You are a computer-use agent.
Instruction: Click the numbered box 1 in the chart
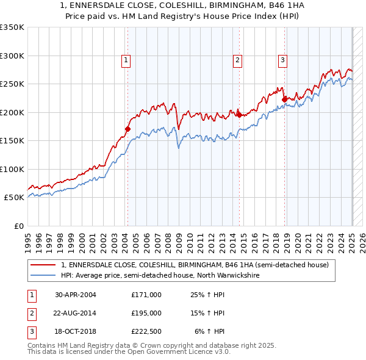pos(125,60)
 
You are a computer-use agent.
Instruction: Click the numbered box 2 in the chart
pos(237,60)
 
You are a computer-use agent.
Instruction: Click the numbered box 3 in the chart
pos(283,60)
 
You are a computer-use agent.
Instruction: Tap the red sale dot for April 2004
pos(127,129)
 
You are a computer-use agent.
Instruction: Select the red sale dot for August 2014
pos(239,115)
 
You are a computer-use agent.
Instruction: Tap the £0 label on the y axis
pos(18,226)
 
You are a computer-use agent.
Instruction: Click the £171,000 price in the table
pos(146,295)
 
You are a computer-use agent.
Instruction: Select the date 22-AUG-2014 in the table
pos(76,313)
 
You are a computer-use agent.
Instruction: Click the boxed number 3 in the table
pos(30,331)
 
